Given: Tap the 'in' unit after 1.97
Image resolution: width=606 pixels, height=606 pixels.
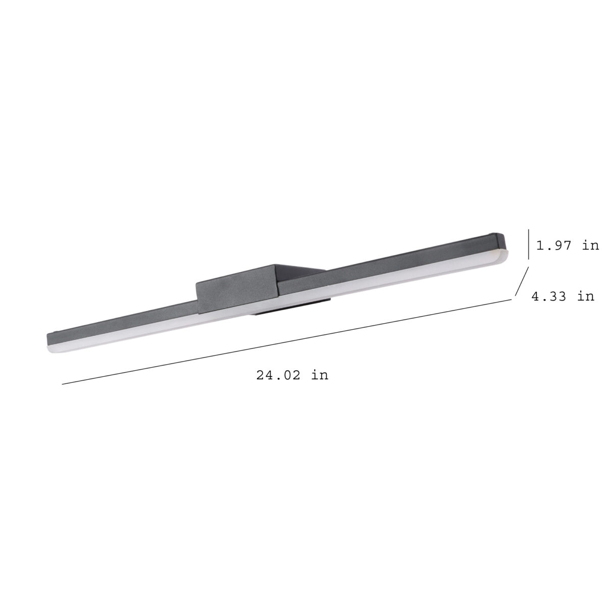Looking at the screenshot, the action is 590,245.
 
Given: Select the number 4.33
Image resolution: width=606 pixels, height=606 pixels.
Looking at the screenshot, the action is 548,296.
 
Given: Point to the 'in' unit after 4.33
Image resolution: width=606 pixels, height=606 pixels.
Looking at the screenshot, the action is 585,296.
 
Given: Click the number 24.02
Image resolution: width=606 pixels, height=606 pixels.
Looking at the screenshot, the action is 278,375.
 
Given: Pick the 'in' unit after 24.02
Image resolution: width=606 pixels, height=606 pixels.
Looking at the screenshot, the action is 320,375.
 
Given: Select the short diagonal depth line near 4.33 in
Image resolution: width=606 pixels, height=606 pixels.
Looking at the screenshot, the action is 522,281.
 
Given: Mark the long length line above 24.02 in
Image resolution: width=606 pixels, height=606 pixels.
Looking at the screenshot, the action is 287,342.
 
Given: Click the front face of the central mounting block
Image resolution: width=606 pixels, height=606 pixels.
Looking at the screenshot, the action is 237,289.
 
